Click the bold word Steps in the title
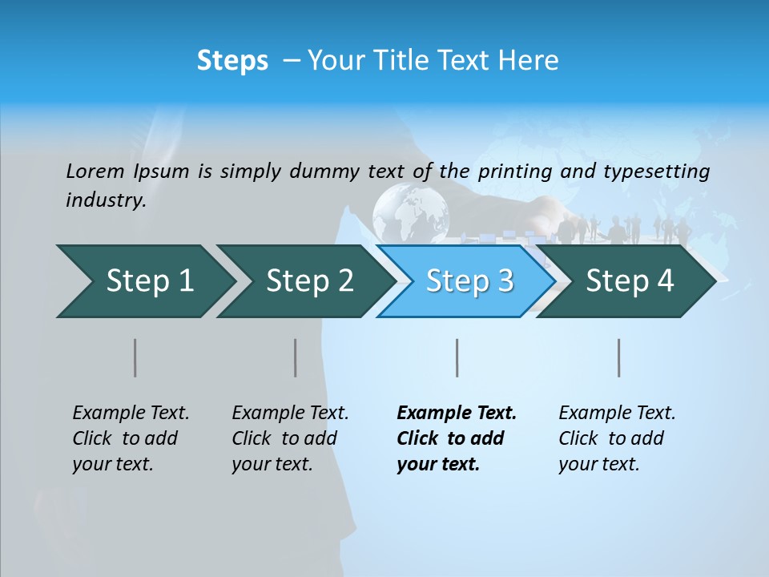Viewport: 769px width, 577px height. (232, 61)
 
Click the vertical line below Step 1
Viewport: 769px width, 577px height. (135, 357)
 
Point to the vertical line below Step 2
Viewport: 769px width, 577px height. (296, 357)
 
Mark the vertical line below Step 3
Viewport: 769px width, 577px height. (457, 357)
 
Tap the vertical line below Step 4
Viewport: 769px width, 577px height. (618, 357)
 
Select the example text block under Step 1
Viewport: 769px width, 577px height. (131, 438)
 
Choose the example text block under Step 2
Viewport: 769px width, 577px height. (290, 438)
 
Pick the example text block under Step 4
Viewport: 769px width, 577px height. (617, 438)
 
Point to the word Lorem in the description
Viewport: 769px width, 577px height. (95, 171)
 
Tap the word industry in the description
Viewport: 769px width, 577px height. (106, 200)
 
